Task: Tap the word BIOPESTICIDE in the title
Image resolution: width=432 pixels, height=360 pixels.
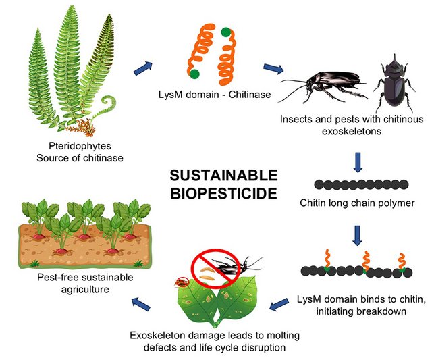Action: coord(223,194)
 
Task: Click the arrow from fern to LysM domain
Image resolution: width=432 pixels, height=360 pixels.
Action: coord(144,66)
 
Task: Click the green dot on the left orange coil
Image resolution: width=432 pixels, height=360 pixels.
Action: coord(194,73)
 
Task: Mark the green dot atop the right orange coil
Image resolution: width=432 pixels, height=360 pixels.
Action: coord(225,31)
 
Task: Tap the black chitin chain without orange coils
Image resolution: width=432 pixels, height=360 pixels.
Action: coord(358,184)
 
